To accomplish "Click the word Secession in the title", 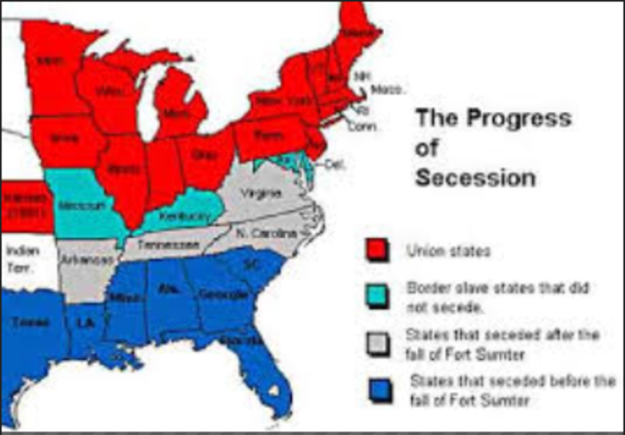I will coord(475,178).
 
